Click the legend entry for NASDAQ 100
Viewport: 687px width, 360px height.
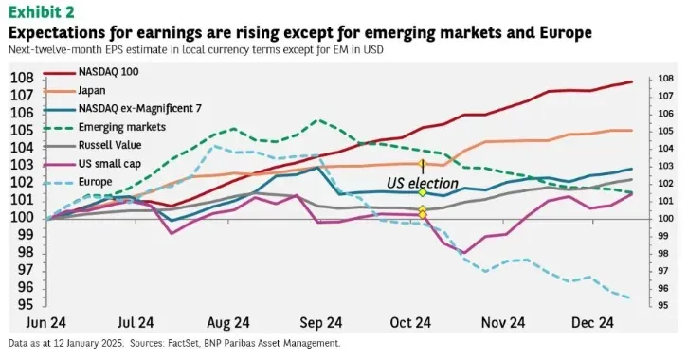(x=108, y=71)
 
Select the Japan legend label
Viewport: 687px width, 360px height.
(x=92, y=90)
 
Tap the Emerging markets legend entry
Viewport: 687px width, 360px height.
(x=122, y=127)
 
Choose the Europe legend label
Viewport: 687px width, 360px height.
(x=95, y=182)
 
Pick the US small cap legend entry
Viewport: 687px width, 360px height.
(x=110, y=164)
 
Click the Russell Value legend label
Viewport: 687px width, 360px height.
(x=110, y=145)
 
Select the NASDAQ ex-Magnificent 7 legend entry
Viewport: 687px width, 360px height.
(x=139, y=108)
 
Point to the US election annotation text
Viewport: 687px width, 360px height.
(x=423, y=183)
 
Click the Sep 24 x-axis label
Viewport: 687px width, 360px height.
(x=321, y=323)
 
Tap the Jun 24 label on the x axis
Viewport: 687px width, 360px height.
(x=46, y=323)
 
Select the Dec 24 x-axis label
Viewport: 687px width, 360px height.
(x=592, y=323)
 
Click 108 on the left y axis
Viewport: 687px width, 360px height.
(x=22, y=78)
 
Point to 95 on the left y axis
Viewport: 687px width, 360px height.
(x=25, y=304)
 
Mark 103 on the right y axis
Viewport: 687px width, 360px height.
(x=665, y=166)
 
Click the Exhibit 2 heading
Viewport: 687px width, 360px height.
(x=42, y=12)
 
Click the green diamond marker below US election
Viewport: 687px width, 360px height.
(x=423, y=192)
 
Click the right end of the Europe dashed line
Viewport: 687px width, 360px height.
(x=630, y=298)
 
